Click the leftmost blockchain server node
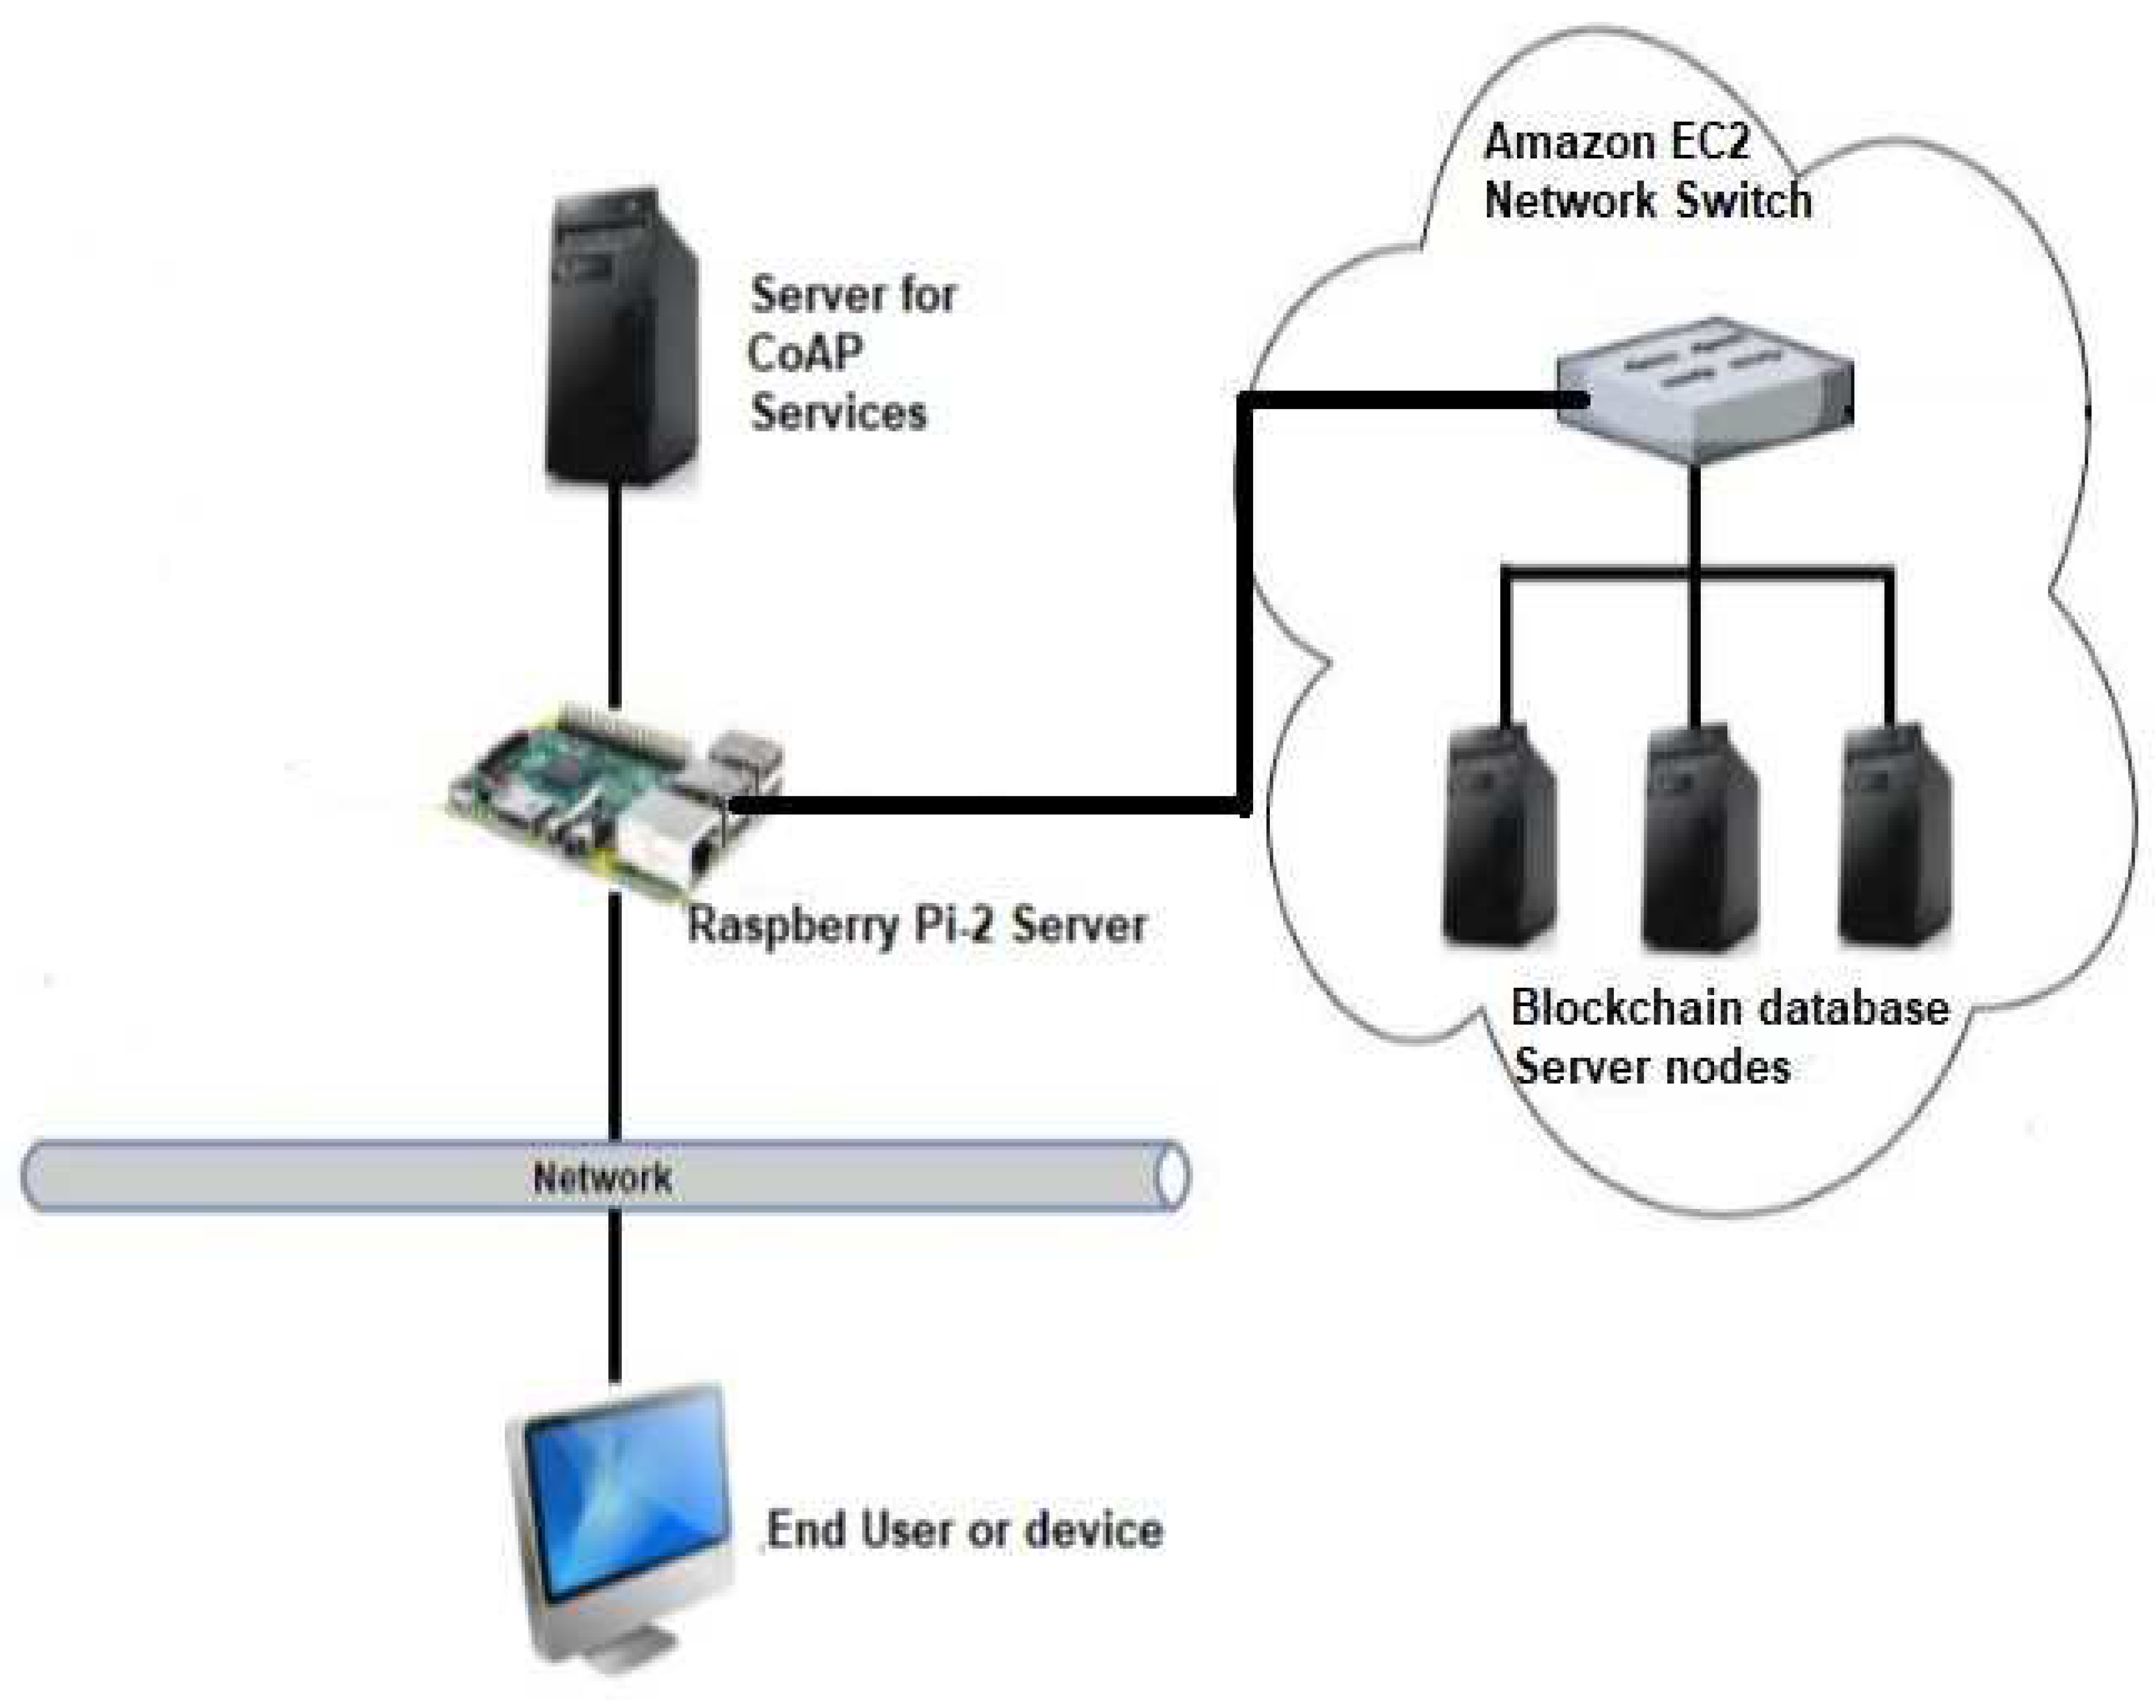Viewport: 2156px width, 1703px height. (x=1499, y=836)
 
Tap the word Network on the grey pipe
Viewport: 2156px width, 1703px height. (x=602, y=1178)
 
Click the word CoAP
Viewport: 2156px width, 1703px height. (x=805, y=353)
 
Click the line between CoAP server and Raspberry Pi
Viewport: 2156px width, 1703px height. (x=615, y=596)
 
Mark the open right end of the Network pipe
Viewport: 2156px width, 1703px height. (x=1172, y=1177)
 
